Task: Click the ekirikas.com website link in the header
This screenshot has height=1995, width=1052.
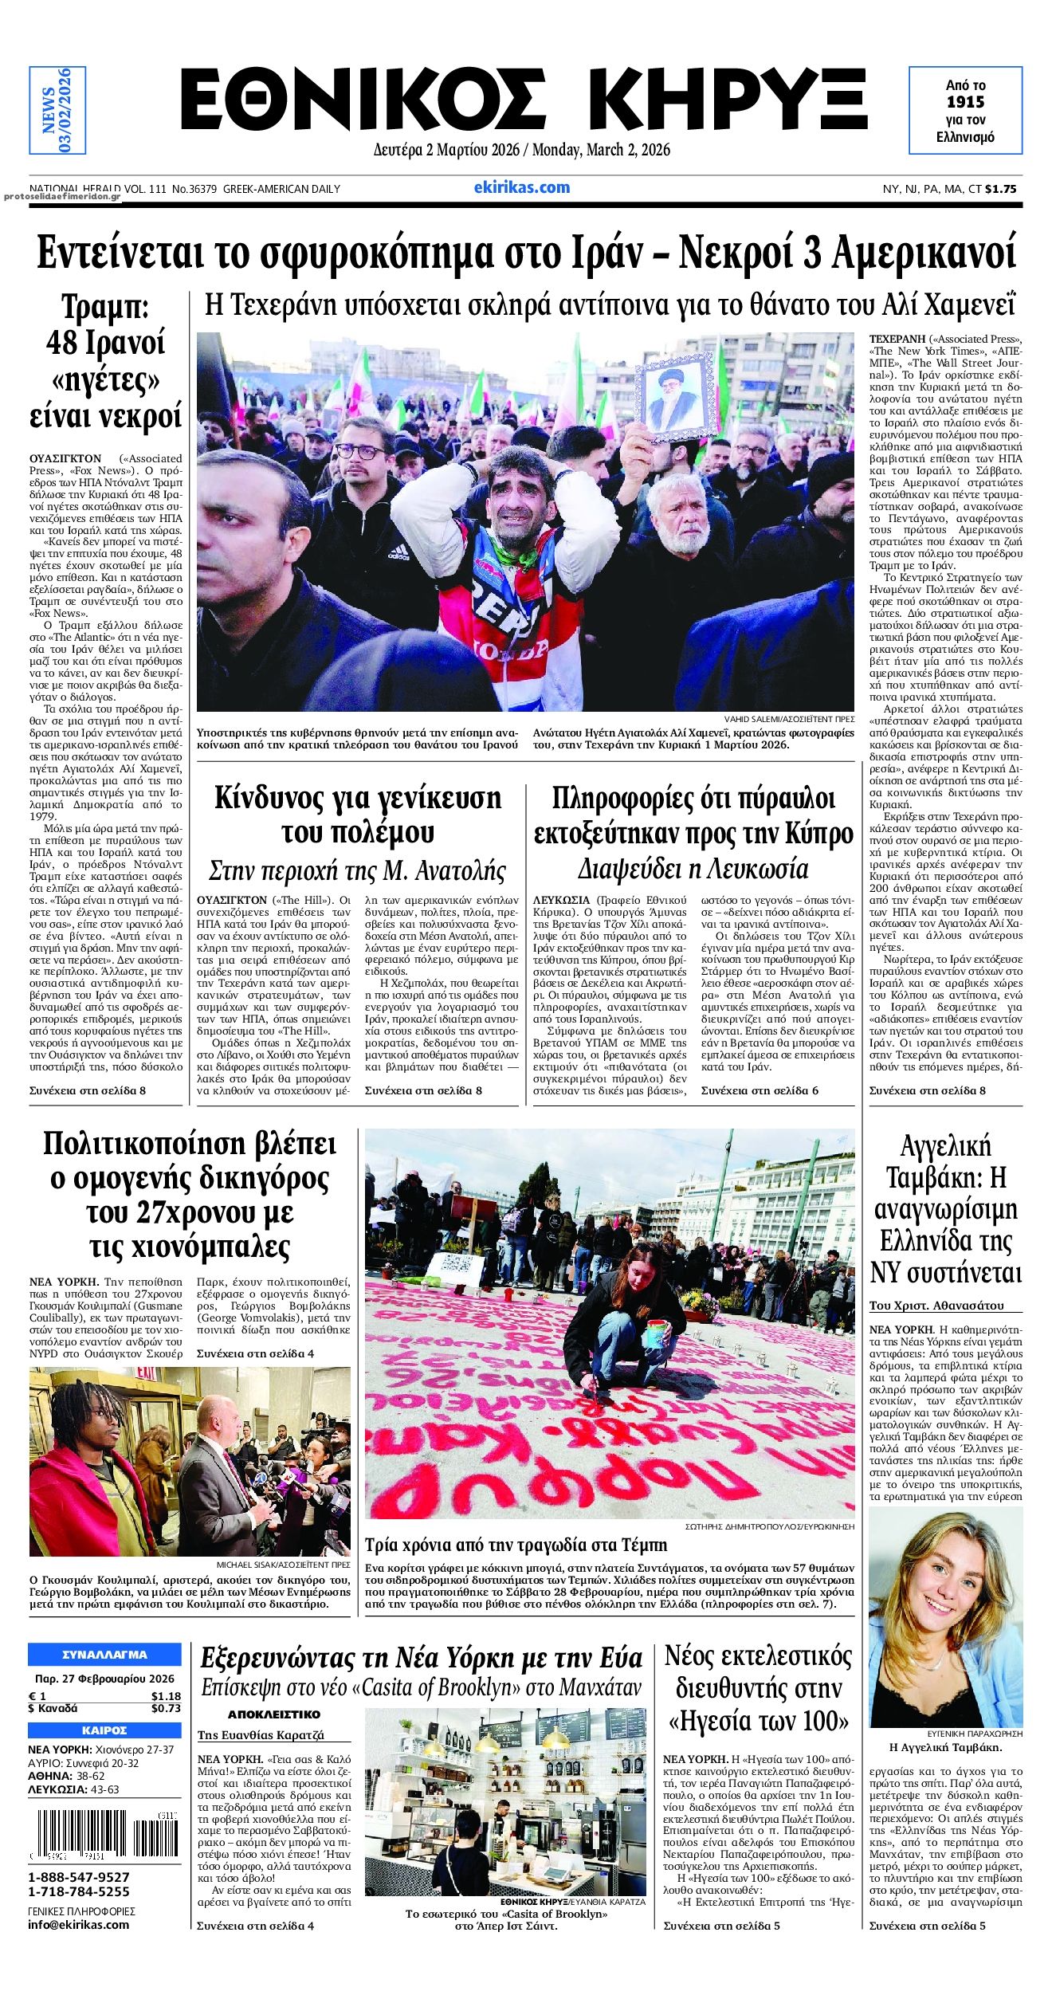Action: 521,187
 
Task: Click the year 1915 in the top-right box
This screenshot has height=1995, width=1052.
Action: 965,102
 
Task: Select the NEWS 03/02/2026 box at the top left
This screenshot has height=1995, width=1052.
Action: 57,110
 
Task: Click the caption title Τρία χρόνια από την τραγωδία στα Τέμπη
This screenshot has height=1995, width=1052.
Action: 516,1545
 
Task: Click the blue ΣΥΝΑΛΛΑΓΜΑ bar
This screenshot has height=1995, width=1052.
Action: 104,1655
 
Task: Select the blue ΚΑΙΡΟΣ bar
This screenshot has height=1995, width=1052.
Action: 104,1730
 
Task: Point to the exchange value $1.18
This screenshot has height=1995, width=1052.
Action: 166,1696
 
